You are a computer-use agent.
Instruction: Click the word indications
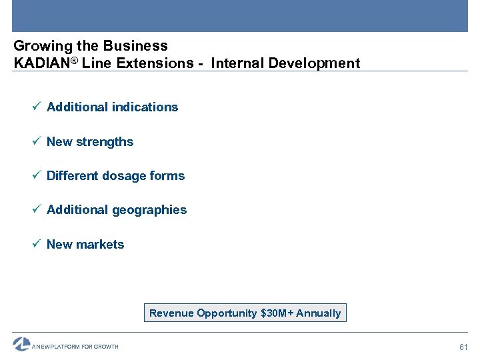click(x=145, y=107)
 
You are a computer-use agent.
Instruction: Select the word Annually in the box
click(x=318, y=313)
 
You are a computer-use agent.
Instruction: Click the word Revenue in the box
click(x=171, y=313)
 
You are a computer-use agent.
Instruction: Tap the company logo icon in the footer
click(x=21, y=344)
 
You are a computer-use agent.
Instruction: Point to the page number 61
click(x=464, y=347)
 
